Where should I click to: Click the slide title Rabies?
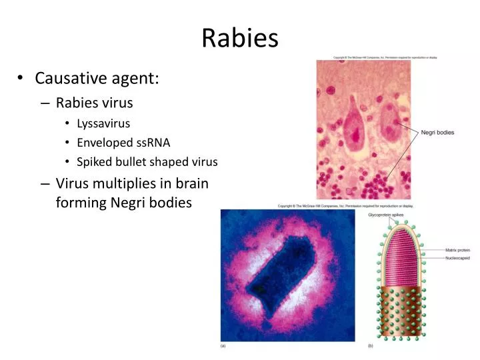[240, 38]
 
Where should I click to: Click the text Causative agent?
[97, 79]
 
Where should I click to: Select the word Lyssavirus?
[103, 123]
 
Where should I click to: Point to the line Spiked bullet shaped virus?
[147, 162]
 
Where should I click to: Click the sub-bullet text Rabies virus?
[95, 103]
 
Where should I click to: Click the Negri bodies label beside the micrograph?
[437, 133]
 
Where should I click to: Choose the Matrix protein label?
[458, 251]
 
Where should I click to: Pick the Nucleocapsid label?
[458, 257]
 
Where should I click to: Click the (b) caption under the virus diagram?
[371, 347]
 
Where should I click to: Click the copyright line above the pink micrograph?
[385, 57]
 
